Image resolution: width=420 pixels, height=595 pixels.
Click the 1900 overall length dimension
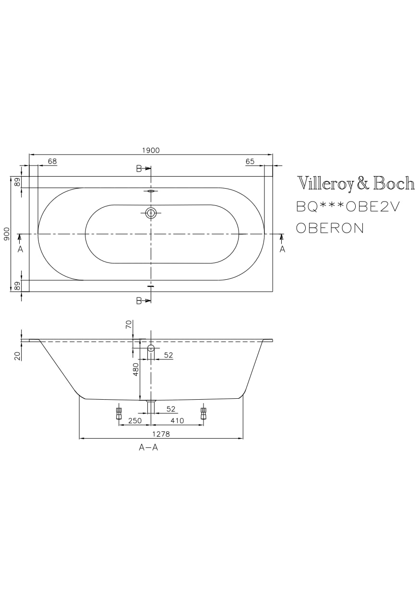pos(151,150)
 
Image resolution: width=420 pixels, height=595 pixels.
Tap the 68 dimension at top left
pos(52,161)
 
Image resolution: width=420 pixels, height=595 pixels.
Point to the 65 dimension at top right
pos(250,161)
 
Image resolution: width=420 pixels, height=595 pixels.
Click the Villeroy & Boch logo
pos(356,183)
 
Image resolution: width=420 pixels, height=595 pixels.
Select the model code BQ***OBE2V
pos(348,206)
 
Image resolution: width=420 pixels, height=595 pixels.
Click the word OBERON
pos(330,228)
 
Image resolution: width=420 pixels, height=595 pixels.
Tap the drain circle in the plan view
pos(151,213)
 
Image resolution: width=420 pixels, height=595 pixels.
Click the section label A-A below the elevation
pos(148,447)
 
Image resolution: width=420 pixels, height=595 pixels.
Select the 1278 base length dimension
pos(161,434)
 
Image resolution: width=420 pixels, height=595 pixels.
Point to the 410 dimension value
pos(177,420)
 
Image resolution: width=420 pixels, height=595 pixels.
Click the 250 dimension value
pos(135,420)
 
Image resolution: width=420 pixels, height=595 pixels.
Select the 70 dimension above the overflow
pos(128,325)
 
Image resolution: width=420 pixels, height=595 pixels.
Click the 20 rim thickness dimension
pos(17,356)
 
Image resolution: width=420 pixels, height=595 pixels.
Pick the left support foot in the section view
pos(119,413)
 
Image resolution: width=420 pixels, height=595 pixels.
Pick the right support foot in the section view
pos(203,413)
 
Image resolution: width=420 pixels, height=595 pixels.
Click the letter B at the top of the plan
pos(139,168)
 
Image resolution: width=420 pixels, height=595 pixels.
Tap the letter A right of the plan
pos(282,249)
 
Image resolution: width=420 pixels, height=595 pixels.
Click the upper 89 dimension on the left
pos(17,182)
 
